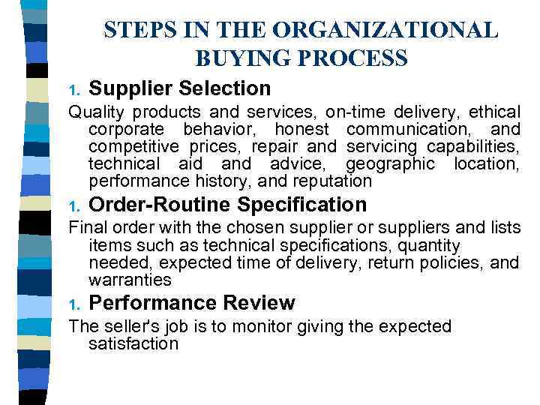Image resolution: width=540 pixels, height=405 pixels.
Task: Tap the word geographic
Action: tap(390, 164)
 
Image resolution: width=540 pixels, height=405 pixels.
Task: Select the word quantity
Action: tap(423, 246)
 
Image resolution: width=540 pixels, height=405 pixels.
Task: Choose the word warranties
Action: tap(130, 280)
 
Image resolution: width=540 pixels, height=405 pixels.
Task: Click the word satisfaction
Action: tap(133, 344)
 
